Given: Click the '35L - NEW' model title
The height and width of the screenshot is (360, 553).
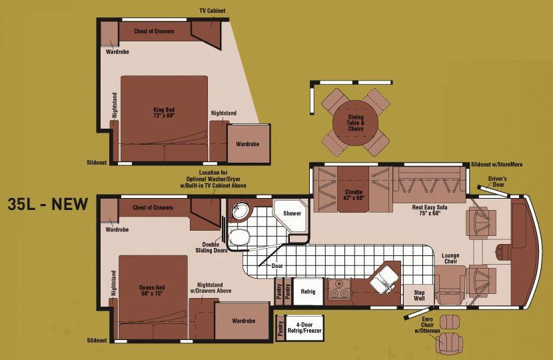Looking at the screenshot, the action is click(x=47, y=204).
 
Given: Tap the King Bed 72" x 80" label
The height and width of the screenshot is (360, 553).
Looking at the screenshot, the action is click(x=164, y=113).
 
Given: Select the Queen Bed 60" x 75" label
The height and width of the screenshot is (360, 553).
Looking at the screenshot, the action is click(x=152, y=291).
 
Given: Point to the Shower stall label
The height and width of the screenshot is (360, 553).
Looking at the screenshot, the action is click(x=292, y=213).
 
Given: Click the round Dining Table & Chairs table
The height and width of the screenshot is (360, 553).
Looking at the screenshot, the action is click(x=356, y=123).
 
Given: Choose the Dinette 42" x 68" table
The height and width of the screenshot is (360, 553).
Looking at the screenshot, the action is click(x=353, y=189).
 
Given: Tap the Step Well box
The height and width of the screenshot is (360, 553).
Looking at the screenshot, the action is click(x=419, y=295).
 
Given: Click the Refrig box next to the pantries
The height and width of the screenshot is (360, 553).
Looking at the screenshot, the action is click(x=308, y=291).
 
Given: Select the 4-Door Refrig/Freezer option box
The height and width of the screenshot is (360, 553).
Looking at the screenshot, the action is click(x=304, y=327).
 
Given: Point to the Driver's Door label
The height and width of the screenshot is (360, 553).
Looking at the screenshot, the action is click(x=497, y=181).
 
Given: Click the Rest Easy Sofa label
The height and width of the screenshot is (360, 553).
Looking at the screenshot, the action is click(x=430, y=210).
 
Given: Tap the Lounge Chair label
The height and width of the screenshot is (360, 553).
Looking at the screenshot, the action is click(x=450, y=258).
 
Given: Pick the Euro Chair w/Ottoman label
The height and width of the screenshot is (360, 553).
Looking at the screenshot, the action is click(x=427, y=325).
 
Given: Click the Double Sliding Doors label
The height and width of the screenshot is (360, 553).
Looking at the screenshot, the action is click(x=211, y=247).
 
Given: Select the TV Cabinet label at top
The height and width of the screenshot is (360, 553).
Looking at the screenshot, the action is click(x=213, y=11).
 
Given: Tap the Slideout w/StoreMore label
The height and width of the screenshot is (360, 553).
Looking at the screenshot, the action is click(x=496, y=165).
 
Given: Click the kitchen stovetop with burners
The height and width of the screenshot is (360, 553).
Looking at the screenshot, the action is click(x=340, y=289).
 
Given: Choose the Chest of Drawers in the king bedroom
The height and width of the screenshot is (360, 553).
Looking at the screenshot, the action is click(x=155, y=31).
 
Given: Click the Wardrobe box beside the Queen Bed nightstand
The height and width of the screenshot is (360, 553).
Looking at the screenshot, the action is click(x=243, y=321).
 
